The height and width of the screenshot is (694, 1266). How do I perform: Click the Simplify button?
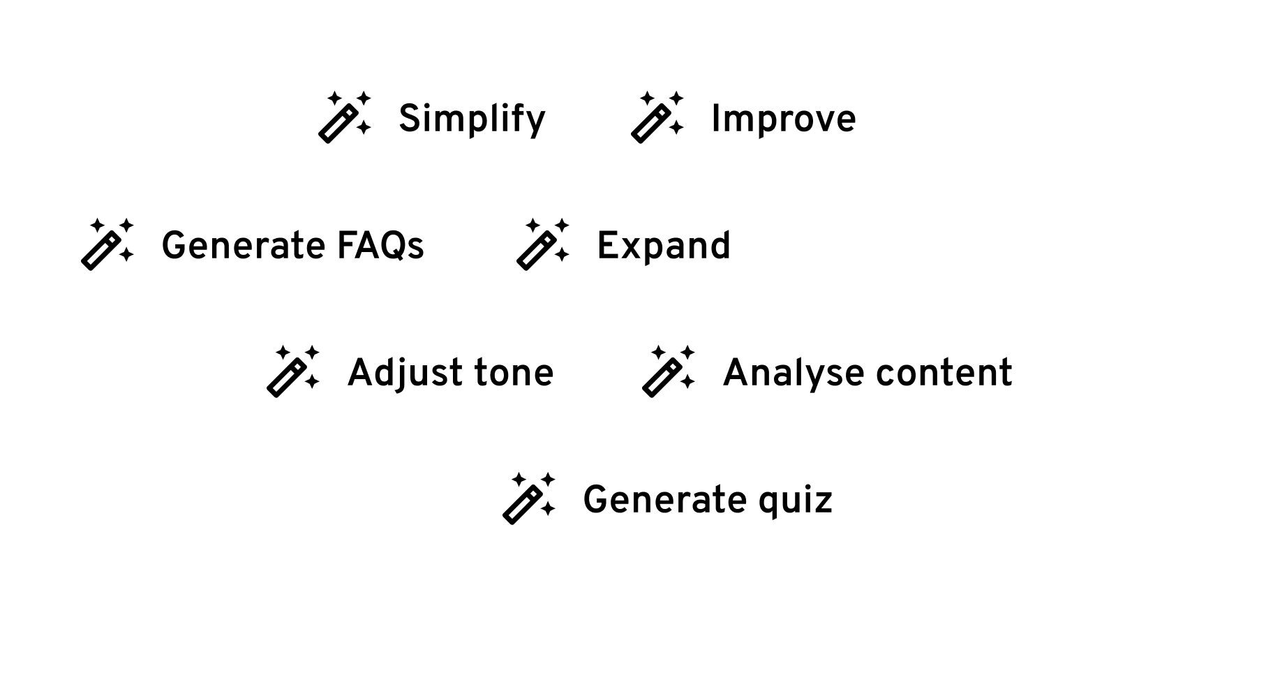point(432,117)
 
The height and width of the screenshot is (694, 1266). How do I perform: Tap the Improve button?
point(746,117)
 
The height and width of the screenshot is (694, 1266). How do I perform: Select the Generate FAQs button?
point(257,244)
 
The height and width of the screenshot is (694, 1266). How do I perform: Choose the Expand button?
point(625,244)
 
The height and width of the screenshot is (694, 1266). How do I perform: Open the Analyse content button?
point(830,371)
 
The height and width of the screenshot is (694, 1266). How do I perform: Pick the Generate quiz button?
point(671,499)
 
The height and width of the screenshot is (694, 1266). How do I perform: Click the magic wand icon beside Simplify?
point(344,117)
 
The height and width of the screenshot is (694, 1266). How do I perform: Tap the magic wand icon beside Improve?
point(657,117)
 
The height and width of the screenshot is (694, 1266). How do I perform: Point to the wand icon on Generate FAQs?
point(107,244)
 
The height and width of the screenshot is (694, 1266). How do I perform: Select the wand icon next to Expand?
point(542,244)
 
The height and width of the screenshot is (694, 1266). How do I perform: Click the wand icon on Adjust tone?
point(292,371)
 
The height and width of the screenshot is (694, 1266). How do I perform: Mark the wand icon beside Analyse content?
point(668,371)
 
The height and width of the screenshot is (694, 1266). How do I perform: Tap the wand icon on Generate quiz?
point(528,499)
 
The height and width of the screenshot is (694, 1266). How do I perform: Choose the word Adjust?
point(405,373)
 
